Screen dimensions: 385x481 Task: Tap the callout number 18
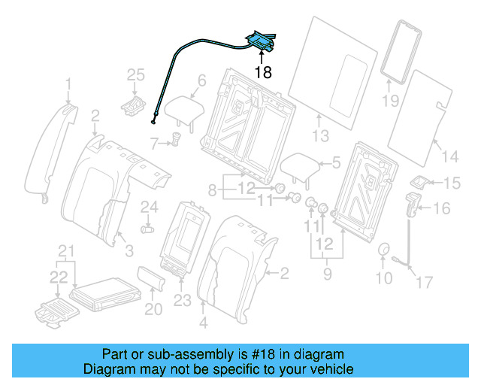pos(262,72)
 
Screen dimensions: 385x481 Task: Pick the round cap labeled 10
pos(384,250)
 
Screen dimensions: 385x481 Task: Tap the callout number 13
pos(321,135)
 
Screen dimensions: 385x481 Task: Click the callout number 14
pos(449,156)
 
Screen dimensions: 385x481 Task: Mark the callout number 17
pos(425,283)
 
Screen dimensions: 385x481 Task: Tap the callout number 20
pos(153,308)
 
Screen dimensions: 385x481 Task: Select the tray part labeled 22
pos(52,311)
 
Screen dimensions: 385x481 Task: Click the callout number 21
pos(68,250)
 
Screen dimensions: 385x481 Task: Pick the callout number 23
pos(183,300)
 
